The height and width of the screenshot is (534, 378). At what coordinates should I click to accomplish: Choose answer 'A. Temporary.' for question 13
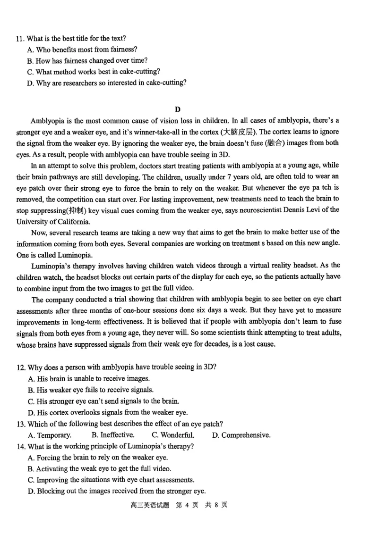click(x=50, y=435)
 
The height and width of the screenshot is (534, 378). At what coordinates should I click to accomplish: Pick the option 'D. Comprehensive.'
click(x=241, y=435)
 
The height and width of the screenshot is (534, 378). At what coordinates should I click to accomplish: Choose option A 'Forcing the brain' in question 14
click(x=98, y=457)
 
